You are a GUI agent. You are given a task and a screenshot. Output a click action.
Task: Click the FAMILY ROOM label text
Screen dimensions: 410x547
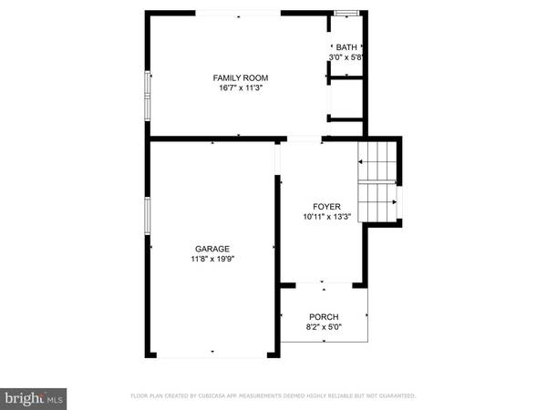point(240,78)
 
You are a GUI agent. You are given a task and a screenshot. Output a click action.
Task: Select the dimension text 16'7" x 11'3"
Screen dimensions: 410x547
point(240,89)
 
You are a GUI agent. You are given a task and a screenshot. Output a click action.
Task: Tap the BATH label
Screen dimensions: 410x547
point(346,47)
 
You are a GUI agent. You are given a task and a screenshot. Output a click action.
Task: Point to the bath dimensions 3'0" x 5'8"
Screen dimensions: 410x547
point(346,57)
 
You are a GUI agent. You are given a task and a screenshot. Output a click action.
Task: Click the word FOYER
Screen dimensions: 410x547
point(325,206)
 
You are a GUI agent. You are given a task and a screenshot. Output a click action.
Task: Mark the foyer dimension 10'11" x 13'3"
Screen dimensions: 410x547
point(325,217)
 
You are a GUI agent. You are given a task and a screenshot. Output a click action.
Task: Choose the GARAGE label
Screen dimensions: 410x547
point(212,248)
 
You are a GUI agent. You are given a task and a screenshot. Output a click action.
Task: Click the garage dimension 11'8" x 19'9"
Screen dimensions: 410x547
point(212,259)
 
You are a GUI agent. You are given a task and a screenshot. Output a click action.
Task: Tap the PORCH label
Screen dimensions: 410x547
point(324,317)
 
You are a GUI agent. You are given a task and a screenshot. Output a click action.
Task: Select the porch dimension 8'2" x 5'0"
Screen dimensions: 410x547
point(324,327)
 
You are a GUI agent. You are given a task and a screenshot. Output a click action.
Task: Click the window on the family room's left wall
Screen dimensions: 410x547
point(147,95)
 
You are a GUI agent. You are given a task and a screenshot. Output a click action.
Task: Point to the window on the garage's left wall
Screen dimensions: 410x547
point(147,216)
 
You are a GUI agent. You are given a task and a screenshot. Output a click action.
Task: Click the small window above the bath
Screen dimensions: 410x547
point(346,13)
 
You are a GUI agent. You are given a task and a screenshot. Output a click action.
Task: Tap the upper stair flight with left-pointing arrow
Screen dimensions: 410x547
point(378,161)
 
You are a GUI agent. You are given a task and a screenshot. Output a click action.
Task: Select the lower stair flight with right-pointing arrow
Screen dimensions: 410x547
point(377,201)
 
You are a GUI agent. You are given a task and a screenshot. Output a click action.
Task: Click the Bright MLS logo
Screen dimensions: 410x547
point(34,397)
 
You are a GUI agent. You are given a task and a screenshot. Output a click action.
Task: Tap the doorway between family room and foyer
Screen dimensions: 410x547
point(306,139)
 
